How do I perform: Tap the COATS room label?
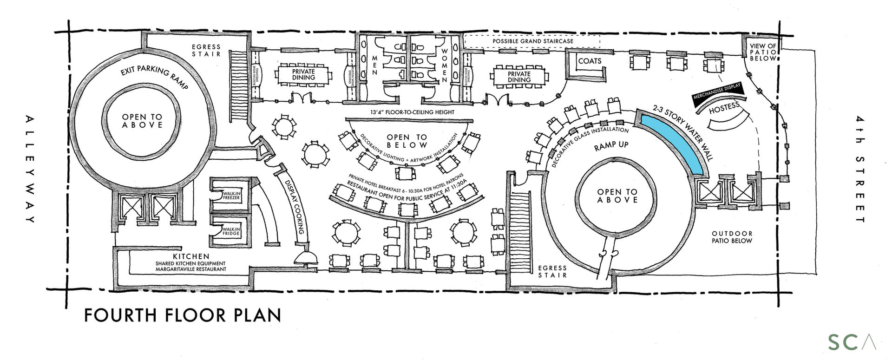pos(590,61)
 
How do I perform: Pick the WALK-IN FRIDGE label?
pos(231,231)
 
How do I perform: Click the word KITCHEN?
pos(191,256)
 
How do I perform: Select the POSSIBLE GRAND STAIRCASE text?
pos(533,41)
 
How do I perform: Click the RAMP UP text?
pos(611,145)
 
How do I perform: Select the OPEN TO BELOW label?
pos(407,141)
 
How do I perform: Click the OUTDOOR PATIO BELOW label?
pos(732,237)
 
